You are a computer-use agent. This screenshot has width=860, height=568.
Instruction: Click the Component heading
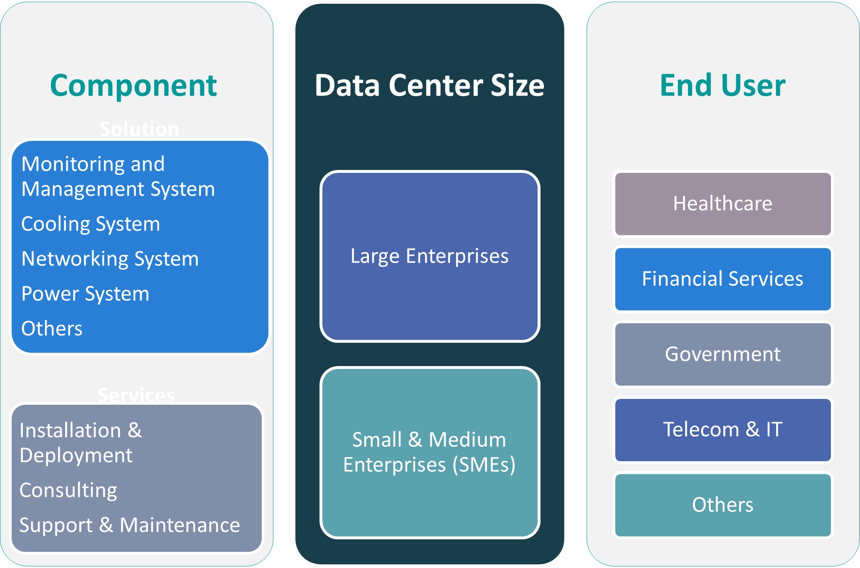[x=133, y=86]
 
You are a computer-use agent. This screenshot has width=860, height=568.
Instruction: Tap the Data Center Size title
[x=430, y=86]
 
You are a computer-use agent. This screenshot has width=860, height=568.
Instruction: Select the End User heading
[x=722, y=86]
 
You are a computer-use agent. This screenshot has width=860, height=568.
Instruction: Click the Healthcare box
[x=722, y=204]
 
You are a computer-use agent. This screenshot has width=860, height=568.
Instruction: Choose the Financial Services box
[x=722, y=279]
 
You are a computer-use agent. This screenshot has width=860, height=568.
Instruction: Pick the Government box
[x=722, y=354]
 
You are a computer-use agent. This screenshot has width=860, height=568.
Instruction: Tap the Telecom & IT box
[x=722, y=430]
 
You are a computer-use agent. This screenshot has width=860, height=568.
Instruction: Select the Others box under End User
[x=722, y=505]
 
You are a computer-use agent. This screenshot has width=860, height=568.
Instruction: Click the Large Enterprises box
[x=430, y=256]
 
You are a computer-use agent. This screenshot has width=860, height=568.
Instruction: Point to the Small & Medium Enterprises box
[x=430, y=452]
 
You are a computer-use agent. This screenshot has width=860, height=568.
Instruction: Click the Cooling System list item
[x=91, y=224]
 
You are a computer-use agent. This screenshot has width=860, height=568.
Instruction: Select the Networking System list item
[x=110, y=259]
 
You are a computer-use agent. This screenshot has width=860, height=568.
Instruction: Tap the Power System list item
[x=85, y=294]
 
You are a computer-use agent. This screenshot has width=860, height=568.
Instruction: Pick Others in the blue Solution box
[x=52, y=329]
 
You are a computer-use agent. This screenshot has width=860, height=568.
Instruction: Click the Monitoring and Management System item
[x=118, y=177]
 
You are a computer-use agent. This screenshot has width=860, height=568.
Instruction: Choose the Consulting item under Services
[x=69, y=490]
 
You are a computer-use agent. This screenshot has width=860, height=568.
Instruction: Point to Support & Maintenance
[x=130, y=525]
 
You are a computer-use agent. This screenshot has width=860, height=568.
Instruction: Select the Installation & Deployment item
[x=81, y=443]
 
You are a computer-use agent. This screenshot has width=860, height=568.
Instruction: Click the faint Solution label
[x=140, y=129]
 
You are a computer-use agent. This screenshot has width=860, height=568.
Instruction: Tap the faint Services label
[x=136, y=395]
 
